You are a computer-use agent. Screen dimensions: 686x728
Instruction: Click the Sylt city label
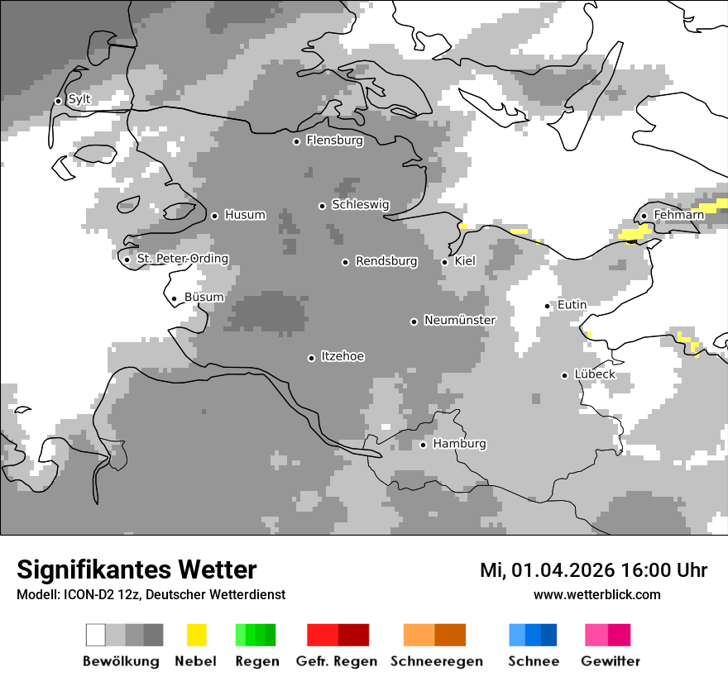(x=79, y=100)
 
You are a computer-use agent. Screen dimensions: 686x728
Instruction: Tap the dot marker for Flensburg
(x=296, y=141)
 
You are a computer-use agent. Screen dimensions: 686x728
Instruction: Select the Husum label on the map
(x=245, y=215)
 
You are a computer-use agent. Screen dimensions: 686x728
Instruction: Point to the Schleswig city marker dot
(x=323, y=206)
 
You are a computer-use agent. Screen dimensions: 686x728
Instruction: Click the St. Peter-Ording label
(x=182, y=259)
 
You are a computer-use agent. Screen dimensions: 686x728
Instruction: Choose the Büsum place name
(x=204, y=298)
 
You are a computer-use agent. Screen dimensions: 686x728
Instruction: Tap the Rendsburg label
(x=386, y=261)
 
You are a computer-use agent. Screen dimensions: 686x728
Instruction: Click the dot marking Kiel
(x=444, y=262)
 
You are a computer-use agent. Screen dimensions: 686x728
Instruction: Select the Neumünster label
(x=460, y=320)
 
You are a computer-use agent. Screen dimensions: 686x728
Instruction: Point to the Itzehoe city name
(x=342, y=356)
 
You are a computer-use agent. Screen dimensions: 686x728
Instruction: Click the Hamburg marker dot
(x=423, y=445)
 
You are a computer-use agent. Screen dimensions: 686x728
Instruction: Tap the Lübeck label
(x=595, y=374)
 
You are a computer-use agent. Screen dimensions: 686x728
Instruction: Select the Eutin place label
(x=572, y=305)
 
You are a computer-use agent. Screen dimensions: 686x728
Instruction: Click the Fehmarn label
(x=678, y=215)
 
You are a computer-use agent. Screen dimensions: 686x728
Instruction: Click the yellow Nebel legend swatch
(x=196, y=635)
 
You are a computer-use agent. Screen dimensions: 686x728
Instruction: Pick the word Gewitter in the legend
(x=610, y=661)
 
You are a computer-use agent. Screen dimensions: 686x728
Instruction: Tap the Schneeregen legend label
(x=437, y=661)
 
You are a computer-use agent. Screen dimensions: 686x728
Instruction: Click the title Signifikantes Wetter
(x=136, y=569)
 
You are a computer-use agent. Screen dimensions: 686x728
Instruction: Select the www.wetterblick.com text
(x=596, y=594)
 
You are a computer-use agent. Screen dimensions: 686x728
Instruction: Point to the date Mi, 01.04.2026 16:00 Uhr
(x=593, y=570)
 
